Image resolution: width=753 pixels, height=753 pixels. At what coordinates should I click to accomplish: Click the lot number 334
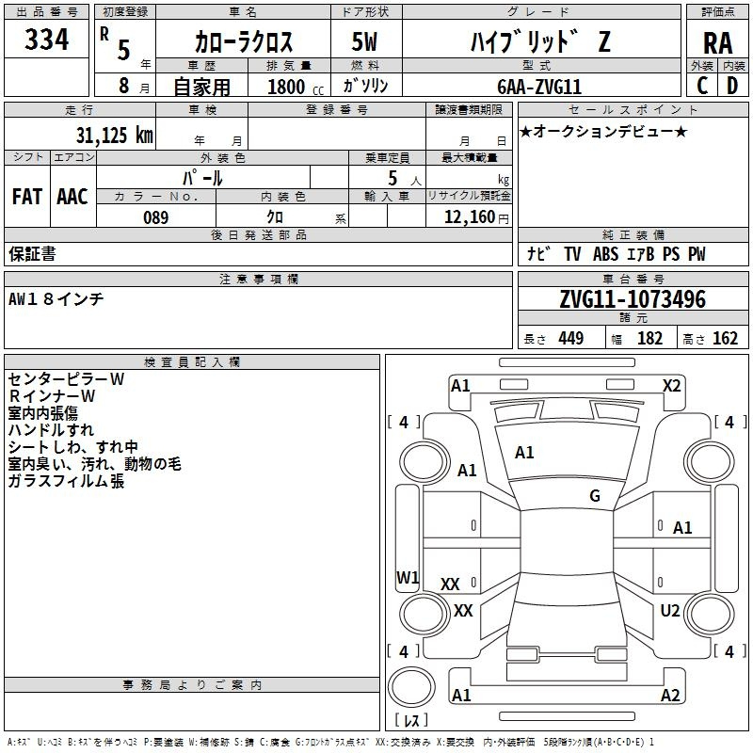(46, 40)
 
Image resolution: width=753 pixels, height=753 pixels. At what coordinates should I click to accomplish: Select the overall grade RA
(717, 43)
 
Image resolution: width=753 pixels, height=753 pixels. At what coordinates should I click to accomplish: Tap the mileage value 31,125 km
(114, 135)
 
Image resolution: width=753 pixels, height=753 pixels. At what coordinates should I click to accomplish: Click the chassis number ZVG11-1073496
(633, 299)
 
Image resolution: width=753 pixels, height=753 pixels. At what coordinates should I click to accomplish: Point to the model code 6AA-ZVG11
(539, 87)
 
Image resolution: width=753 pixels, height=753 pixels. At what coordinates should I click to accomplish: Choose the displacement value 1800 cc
(296, 87)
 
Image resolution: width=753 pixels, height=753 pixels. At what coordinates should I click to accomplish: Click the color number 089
(156, 217)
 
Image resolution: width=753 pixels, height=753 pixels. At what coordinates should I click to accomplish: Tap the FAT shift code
(27, 197)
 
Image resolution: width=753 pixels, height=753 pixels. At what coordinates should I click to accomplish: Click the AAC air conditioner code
(72, 197)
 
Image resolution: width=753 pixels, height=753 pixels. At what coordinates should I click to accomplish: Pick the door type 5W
(364, 41)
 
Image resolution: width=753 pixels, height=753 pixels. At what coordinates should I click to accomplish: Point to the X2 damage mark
(671, 386)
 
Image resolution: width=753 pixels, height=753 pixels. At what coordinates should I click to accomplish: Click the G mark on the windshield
(595, 495)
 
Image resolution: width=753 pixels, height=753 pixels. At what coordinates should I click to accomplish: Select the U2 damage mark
(670, 610)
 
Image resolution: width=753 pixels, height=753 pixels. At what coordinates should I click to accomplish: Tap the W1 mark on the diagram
(408, 577)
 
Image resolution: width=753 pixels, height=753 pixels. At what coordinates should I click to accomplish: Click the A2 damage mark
(670, 695)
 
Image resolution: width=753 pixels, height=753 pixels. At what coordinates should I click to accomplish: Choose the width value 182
(649, 338)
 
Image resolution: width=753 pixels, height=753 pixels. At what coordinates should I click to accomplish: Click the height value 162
(725, 338)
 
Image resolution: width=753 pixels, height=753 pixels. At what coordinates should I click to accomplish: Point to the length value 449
(571, 338)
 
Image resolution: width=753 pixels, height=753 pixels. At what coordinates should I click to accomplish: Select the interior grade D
(732, 86)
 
